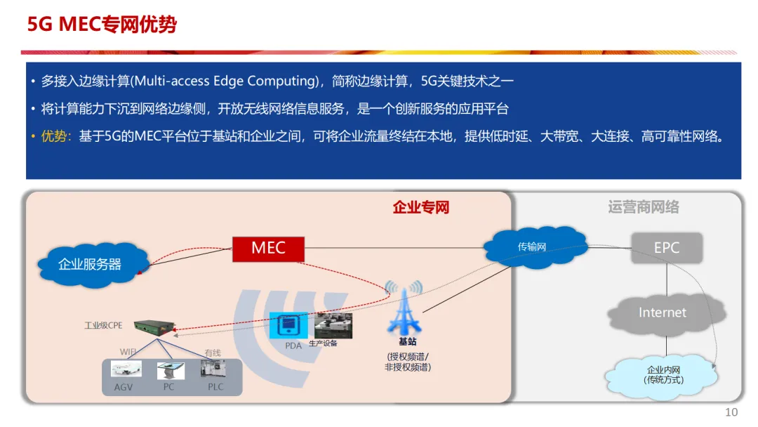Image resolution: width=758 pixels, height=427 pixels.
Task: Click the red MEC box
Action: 268,248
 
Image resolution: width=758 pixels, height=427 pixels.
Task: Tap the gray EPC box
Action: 666,248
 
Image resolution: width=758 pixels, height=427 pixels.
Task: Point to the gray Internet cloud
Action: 662,313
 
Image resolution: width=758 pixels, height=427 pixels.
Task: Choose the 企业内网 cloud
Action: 663,375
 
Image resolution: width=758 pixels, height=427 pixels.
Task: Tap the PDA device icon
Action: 289,326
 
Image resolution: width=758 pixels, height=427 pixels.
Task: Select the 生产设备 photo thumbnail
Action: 333,325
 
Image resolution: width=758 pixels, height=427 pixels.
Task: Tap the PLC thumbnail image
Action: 213,370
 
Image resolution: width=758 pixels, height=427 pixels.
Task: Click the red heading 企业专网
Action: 420,207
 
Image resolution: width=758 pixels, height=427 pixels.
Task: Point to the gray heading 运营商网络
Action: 643,207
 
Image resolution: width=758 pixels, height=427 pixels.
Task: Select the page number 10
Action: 731,412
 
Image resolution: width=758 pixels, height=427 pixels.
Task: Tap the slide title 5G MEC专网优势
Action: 102,25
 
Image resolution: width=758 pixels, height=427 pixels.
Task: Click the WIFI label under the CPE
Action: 128,351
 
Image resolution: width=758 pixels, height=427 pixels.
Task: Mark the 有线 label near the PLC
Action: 213,353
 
